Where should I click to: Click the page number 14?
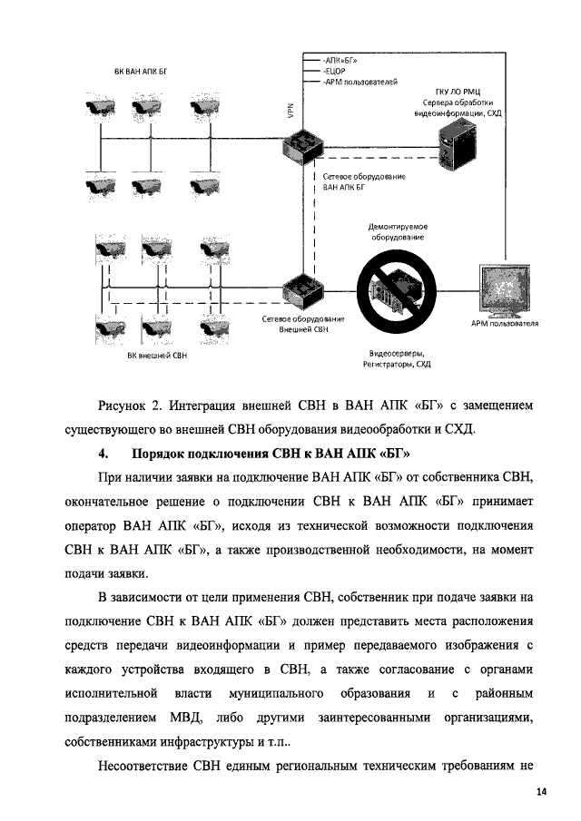pos(541,793)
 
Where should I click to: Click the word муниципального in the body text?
pos(281,694)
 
